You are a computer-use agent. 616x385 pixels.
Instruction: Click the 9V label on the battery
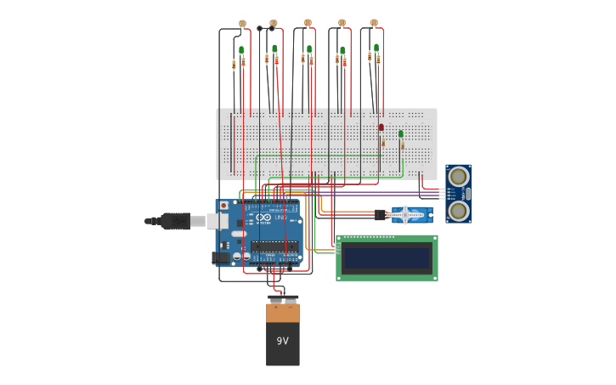(x=282, y=341)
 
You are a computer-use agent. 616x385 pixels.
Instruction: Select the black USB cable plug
(x=175, y=221)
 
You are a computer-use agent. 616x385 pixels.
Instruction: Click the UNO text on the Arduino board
(x=280, y=218)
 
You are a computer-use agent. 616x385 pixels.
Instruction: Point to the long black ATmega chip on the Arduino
(x=274, y=246)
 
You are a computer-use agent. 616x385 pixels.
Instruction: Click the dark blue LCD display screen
(x=387, y=258)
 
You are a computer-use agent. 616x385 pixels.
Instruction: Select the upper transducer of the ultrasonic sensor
(x=458, y=177)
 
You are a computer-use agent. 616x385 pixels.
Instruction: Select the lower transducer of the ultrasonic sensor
(x=458, y=210)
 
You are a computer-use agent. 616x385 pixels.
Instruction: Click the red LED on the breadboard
(x=381, y=127)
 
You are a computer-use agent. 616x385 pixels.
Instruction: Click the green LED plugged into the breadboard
(x=401, y=133)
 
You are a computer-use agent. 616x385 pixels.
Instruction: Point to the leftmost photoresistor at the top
(x=242, y=24)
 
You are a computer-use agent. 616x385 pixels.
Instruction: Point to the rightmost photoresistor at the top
(x=374, y=23)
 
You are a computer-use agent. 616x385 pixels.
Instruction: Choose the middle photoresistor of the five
(x=308, y=23)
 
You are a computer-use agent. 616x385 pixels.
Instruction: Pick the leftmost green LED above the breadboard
(x=241, y=50)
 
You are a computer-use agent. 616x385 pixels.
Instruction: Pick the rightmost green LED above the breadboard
(x=376, y=48)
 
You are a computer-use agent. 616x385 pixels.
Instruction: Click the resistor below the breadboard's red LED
(x=382, y=143)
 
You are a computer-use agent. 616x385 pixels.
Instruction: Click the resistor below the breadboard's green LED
(x=402, y=145)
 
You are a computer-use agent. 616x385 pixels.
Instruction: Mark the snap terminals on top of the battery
(x=283, y=299)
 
